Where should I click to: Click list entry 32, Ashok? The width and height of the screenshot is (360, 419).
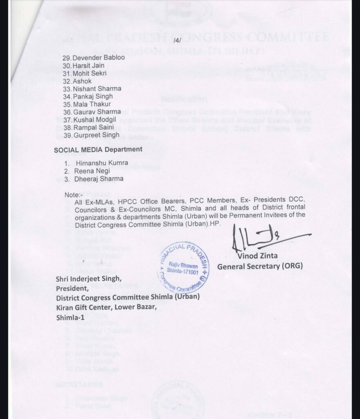(82, 81)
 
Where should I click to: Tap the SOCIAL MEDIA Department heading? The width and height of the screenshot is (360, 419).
(98, 149)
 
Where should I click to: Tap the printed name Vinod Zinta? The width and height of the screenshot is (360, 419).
(258, 256)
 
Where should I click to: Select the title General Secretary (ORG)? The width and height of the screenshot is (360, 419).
(260, 266)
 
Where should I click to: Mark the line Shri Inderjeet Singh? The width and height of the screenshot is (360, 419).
(89, 279)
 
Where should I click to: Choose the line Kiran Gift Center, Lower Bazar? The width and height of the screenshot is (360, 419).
(106, 307)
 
